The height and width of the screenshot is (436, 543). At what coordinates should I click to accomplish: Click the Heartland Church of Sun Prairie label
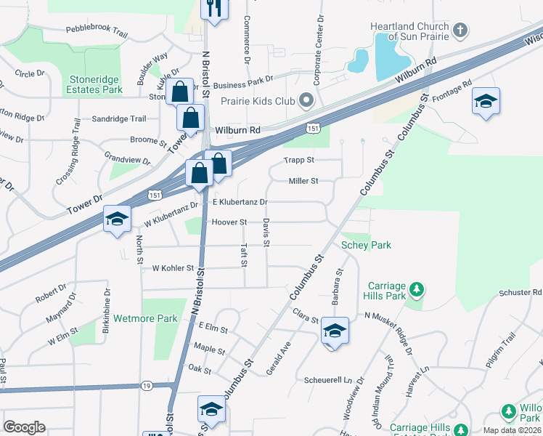(407, 31)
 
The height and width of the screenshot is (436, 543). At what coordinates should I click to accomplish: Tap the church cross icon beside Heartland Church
(459, 31)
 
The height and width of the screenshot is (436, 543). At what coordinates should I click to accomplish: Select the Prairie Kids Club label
(258, 100)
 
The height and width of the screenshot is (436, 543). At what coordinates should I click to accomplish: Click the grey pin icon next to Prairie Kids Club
(306, 100)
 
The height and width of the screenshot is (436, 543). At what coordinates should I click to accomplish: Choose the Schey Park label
(366, 245)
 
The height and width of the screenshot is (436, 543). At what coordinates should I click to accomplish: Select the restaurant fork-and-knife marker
(213, 9)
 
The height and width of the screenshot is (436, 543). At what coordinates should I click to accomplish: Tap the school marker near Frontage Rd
(486, 102)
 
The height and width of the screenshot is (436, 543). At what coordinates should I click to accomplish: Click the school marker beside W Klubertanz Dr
(117, 219)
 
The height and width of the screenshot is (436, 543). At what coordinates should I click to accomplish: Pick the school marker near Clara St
(335, 331)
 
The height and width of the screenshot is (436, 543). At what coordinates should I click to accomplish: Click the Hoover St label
(229, 222)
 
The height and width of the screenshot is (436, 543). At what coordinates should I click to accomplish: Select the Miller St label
(303, 181)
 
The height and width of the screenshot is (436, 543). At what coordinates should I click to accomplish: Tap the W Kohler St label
(173, 268)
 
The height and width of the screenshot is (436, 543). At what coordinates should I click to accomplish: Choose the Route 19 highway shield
(147, 385)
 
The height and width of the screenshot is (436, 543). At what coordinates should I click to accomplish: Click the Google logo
(24, 427)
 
